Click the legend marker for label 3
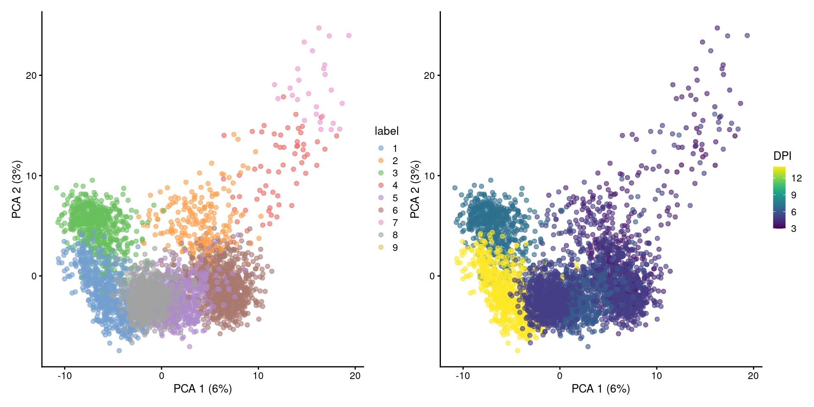(381, 173)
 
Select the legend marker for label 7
(381, 223)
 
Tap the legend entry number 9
(395, 248)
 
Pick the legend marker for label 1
(381, 148)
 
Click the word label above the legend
(386, 131)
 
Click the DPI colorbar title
(782, 156)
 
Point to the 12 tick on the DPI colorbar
(796, 178)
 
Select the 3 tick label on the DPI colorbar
(794, 229)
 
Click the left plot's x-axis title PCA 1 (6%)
(203, 388)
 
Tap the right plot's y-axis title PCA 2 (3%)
(415, 189)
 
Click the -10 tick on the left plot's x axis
(64, 376)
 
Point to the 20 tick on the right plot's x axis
(753, 376)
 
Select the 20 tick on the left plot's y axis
(31, 75)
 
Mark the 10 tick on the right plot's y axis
(429, 176)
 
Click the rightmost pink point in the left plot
(349, 36)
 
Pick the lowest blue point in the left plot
(119, 351)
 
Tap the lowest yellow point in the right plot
(517, 351)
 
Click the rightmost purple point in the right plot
(747, 36)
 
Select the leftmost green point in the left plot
(56, 188)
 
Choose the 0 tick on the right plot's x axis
(560, 376)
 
